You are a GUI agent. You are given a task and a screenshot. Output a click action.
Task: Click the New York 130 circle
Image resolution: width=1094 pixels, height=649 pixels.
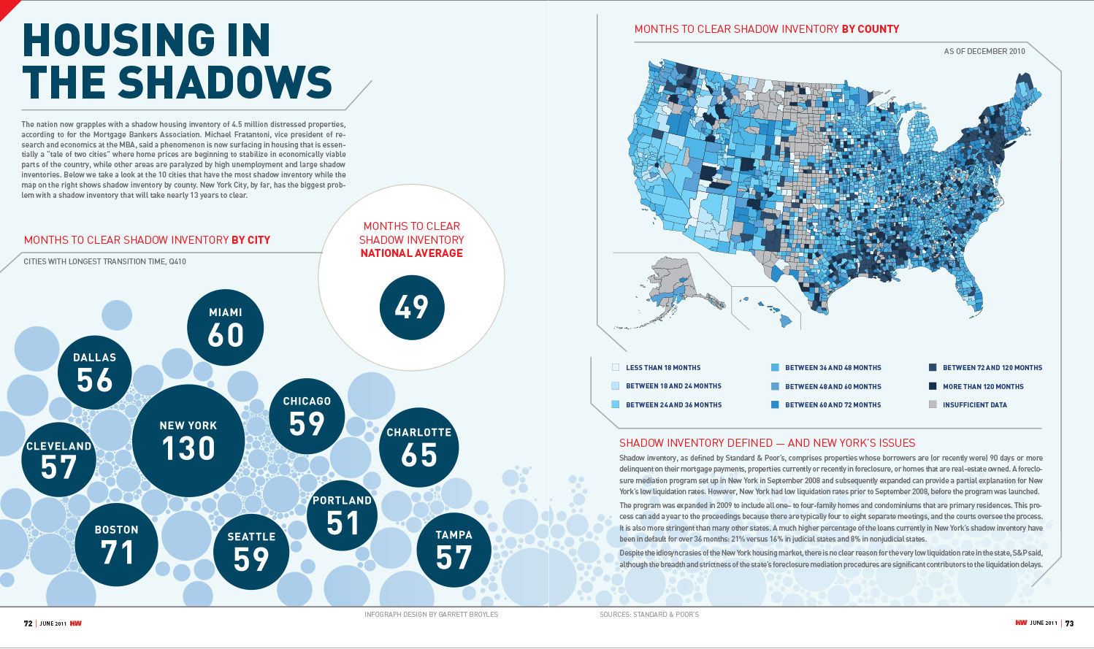(x=188, y=440)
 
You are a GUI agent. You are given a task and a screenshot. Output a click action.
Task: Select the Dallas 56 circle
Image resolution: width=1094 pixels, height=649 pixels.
(x=95, y=372)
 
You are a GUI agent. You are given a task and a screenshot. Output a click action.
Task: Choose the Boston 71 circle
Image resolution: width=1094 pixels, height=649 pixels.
(x=117, y=544)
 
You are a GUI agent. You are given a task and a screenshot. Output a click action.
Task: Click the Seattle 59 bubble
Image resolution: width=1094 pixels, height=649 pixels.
(x=252, y=551)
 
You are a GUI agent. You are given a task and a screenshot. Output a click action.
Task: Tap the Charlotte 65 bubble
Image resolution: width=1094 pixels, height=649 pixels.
(x=418, y=447)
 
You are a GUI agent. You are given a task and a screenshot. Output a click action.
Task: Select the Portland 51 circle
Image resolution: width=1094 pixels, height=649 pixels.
(x=342, y=515)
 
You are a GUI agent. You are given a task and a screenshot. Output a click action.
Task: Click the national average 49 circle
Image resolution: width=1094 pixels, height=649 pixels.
(x=412, y=307)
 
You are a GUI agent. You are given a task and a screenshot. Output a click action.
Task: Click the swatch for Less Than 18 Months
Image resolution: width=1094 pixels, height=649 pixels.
(x=616, y=368)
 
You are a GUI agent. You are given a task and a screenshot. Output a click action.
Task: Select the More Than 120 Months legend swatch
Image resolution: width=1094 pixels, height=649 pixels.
(x=933, y=386)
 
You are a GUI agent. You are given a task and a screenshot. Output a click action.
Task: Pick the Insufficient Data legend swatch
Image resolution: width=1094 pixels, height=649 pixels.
(x=933, y=404)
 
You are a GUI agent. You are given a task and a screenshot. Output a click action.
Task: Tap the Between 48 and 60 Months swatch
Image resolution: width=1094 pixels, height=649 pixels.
(x=775, y=386)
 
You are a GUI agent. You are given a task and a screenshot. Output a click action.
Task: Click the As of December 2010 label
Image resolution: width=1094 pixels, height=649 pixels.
(x=984, y=52)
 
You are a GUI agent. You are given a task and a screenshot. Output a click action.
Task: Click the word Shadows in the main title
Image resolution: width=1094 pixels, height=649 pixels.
(x=225, y=82)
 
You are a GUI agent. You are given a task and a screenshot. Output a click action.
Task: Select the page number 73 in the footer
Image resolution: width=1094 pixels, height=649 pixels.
(x=1069, y=623)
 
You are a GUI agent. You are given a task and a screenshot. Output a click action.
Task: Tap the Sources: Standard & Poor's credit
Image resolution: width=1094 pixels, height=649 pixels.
(x=649, y=615)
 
